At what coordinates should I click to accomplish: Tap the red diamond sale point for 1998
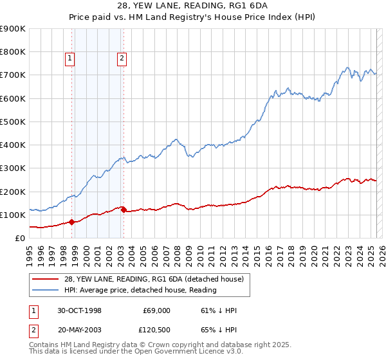pos(72,222)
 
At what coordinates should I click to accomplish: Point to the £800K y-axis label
pos(13,52)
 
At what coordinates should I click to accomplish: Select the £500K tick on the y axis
pos(13,122)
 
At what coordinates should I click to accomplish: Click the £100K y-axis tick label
pos(13,215)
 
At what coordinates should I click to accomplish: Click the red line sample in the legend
pos(44,279)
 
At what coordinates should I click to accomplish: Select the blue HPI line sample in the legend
pos(44,290)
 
